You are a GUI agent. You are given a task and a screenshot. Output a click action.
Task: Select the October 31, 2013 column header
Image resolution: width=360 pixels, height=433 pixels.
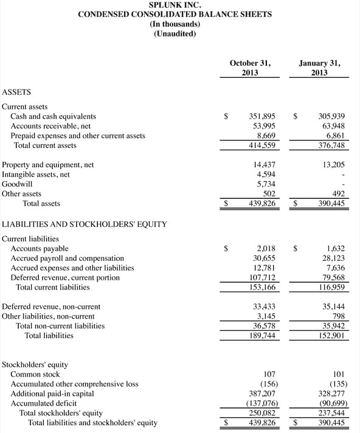tap(250, 68)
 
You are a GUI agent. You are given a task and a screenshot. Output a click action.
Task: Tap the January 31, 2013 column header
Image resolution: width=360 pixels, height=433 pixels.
tap(320, 68)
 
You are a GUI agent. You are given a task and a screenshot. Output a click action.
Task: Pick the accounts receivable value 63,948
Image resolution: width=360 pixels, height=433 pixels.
tap(332, 126)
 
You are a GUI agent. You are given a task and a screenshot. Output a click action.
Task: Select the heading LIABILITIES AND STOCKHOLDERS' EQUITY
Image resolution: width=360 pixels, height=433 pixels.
tap(85, 224)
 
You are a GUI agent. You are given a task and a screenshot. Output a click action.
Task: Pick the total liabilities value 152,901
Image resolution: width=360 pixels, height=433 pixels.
tap(332, 335)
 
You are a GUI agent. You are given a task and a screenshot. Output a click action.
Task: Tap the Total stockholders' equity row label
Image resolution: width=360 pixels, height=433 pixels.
tap(61, 413)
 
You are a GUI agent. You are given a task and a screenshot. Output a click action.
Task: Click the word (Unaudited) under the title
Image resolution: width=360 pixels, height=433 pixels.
tap(175, 33)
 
